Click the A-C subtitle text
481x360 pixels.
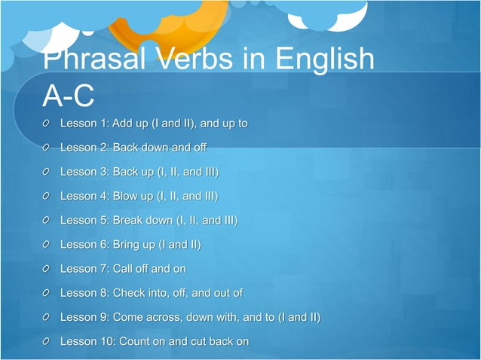tap(69, 96)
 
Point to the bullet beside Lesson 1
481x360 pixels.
tap(47, 124)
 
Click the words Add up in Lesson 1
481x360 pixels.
tap(132, 124)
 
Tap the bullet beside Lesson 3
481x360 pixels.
tap(47, 172)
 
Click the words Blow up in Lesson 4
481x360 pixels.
tap(133, 197)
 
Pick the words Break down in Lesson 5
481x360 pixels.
tap(142, 221)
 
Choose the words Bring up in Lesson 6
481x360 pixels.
tap(134, 245)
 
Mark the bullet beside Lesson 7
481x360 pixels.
tap(47, 269)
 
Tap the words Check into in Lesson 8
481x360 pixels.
tap(142, 293)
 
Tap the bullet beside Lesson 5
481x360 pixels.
tap(47, 221)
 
